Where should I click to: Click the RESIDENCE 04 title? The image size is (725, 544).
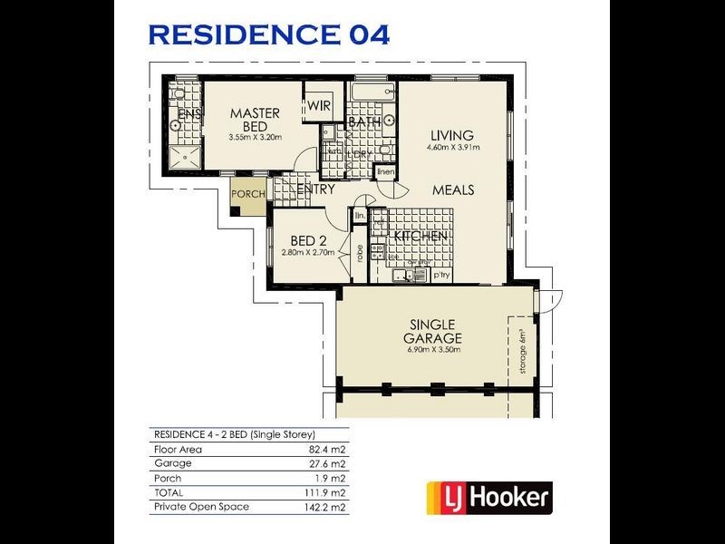point(269,34)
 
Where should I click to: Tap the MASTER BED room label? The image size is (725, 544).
point(255,120)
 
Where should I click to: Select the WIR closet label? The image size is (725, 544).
point(319,106)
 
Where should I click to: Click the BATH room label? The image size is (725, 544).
point(364,121)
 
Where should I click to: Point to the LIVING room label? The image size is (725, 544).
point(453,135)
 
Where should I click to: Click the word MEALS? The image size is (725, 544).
point(453,190)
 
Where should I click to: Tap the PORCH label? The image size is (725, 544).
point(248,194)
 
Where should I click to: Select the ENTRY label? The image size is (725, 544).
point(314,190)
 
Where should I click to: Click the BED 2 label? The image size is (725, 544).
point(308,240)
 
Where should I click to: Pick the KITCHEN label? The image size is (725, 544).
point(419,236)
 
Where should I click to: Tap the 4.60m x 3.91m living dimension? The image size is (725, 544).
point(453,147)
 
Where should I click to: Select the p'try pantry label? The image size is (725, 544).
point(442,273)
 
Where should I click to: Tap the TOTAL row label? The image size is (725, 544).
point(168,491)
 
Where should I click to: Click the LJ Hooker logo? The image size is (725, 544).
point(489,497)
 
